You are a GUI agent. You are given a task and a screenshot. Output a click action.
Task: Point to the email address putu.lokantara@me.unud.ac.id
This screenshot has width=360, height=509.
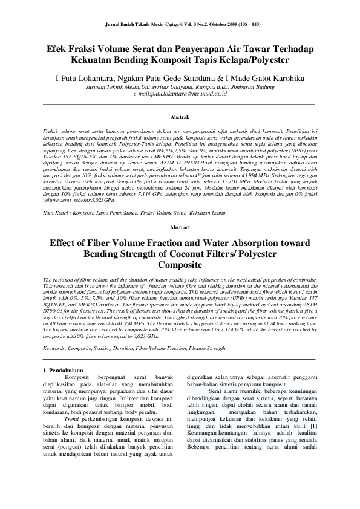click(x=180, y=94)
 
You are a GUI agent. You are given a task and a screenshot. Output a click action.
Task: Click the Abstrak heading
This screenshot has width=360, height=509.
click(x=180, y=116)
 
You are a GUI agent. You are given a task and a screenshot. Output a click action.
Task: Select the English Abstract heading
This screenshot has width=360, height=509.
click(x=180, y=227)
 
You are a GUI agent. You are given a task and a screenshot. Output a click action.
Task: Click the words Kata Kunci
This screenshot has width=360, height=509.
click(x=57, y=213)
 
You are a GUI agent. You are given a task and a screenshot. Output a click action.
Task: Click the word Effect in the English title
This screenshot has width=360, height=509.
click(x=67, y=242)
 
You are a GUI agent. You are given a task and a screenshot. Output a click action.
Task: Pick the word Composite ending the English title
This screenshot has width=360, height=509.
click(x=180, y=265)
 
